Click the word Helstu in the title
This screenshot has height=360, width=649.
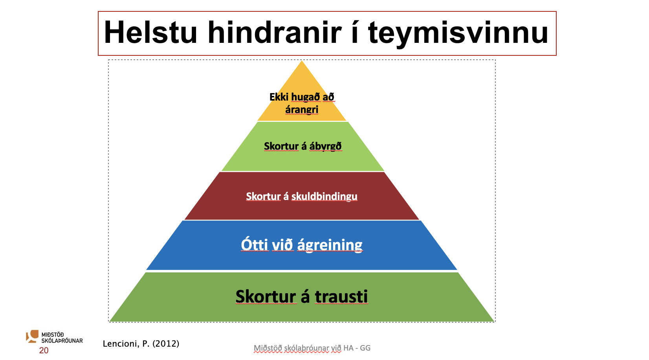(151, 33)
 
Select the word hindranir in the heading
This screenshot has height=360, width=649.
(274, 33)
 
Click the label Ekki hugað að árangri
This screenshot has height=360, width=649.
(302, 103)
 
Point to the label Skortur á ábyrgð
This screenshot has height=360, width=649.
(303, 146)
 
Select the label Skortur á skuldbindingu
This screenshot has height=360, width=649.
(302, 197)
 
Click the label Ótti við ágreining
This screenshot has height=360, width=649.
(302, 245)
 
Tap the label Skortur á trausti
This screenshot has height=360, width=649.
(302, 296)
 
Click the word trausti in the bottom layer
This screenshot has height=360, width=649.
(341, 296)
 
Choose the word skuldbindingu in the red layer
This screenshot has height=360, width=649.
(324, 197)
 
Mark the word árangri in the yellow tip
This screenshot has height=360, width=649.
(302, 110)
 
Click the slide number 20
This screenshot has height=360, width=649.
(44, 351)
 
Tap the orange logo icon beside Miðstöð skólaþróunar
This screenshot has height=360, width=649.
(32, 336)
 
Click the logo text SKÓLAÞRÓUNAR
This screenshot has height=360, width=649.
(62, 341)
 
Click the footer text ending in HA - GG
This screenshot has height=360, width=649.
(312, 348)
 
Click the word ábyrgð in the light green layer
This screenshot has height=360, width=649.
(325, 147)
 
